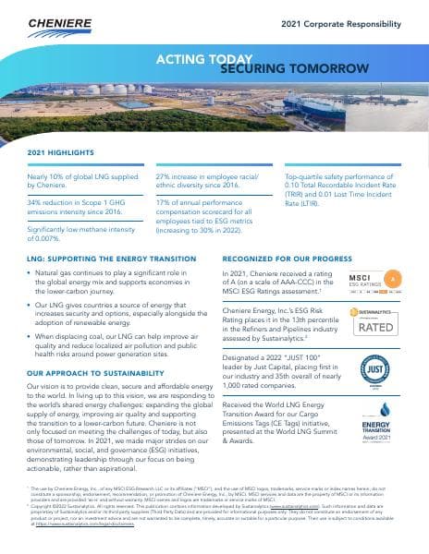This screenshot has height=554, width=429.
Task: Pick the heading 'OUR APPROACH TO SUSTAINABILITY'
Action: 92,373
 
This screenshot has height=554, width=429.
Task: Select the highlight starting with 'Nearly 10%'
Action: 82,179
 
